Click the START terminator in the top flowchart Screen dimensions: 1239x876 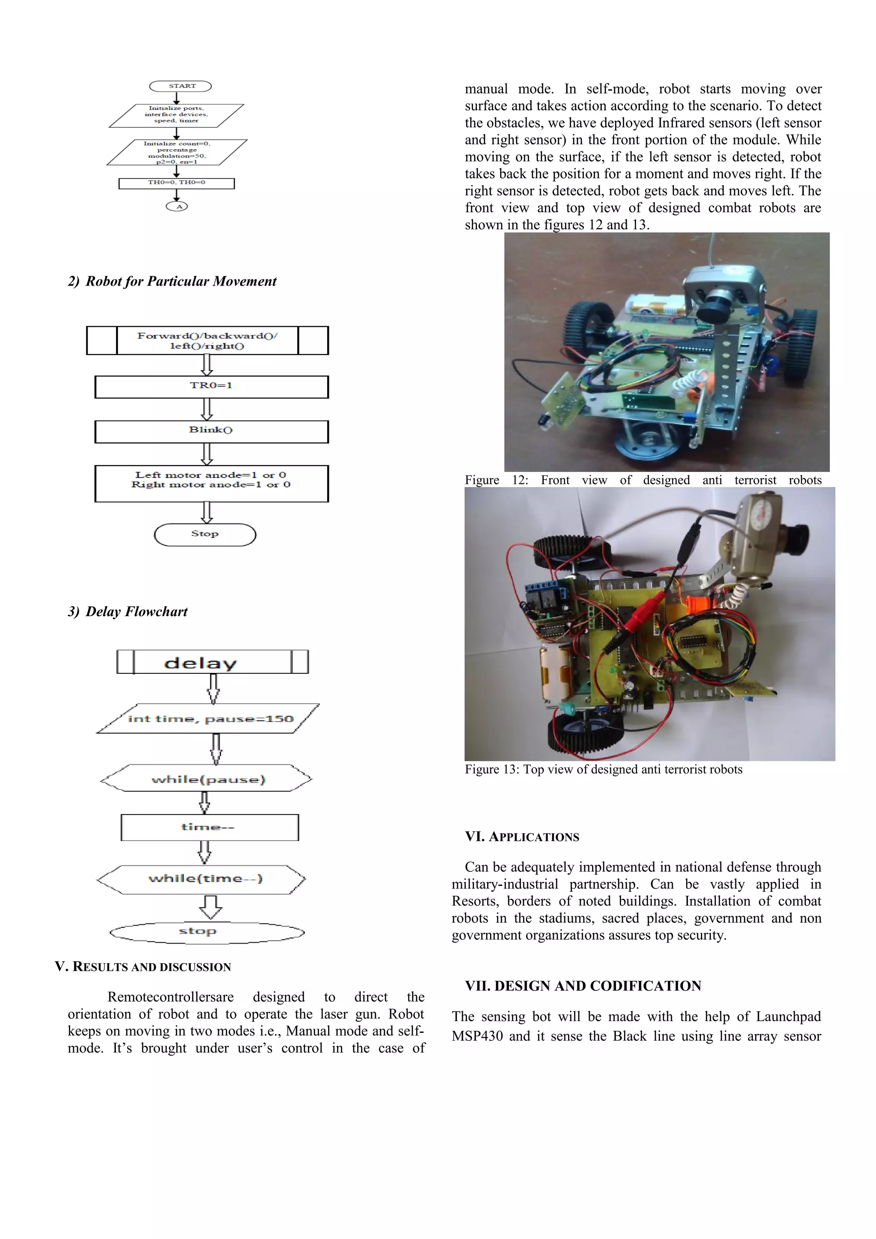pyautogui.click(x=180, y=86)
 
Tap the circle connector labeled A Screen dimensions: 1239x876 pyautogui.click(x=177, y=206)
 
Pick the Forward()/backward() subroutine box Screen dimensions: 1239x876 pyautogui.click(x=207, y=340)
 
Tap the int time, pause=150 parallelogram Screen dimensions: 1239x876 pyautogui.click(x=208, y=718)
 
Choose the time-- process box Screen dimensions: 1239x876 pyautogui.click(x=210, y=827)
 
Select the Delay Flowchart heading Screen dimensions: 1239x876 pyautogui.click(x=136, y=611)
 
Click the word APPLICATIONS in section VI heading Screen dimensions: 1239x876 pyautogui.click(x=534, y=837)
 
